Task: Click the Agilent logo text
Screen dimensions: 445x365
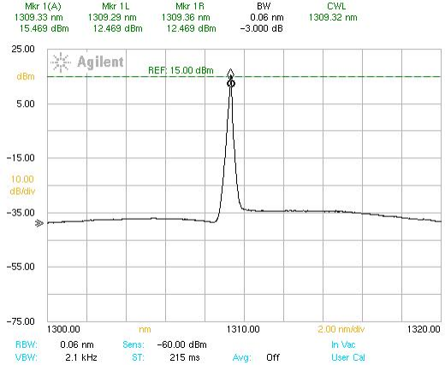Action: tap(100, 62)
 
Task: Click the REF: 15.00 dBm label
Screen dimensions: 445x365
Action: tap(181, 70)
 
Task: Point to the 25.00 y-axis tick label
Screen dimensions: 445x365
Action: tap(23, 49)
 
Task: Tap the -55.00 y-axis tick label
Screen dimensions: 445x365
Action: tap(21, 267)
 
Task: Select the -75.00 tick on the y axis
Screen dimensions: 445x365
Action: tap(21, 321)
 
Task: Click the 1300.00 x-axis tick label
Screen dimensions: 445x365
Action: tap(63, 329)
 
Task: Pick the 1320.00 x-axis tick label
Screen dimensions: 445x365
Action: tap(424, 329)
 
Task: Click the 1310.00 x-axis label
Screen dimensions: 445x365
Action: tap(243, 329)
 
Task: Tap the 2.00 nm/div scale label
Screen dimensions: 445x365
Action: tap(341, 329)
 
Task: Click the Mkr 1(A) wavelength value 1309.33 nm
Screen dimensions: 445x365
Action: tap(39, 17)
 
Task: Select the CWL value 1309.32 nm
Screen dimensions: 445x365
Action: tap(333, 17)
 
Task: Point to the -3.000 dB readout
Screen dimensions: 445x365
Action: tap(262, 28)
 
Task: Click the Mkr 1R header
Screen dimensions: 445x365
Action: tap(190, 6)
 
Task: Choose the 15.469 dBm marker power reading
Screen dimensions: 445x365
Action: tap(44, 28)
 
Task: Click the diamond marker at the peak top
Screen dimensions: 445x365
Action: tap(230, 73)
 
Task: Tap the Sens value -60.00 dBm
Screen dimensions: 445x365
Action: tap(182, 344)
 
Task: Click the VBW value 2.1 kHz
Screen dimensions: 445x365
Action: tap(81, 357)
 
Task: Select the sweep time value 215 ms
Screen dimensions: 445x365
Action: tap(185, 357)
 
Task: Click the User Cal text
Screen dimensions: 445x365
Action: tap(348, 357)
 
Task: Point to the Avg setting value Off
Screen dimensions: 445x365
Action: tap(273, 357)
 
